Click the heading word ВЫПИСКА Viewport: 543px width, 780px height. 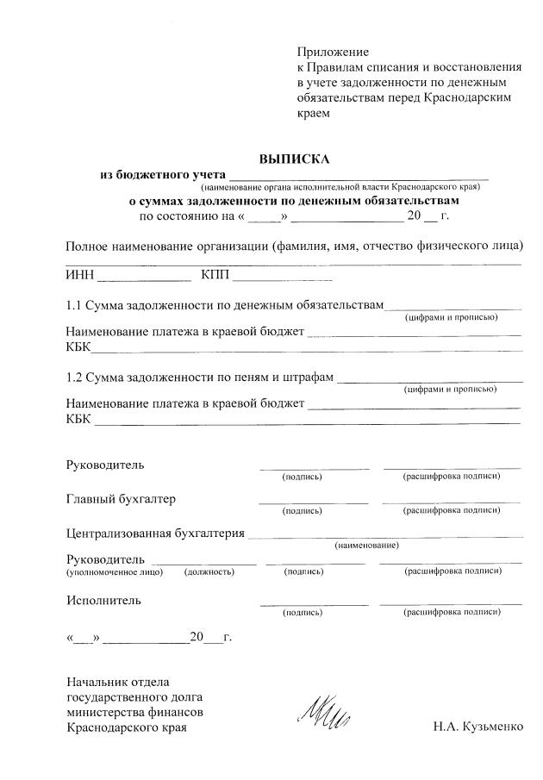(295, 159)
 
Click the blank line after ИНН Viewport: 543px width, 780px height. (144, 280)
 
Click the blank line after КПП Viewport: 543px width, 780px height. (282, 280)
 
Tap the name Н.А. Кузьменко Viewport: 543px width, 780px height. (478, 727)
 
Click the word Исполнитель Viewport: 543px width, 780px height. (104, 600)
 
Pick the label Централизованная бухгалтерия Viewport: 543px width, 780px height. (155, 534)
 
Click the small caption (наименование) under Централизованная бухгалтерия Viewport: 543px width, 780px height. (366, 546)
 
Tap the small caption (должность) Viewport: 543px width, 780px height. (209, 571)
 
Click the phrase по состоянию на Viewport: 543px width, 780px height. (186, 215)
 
